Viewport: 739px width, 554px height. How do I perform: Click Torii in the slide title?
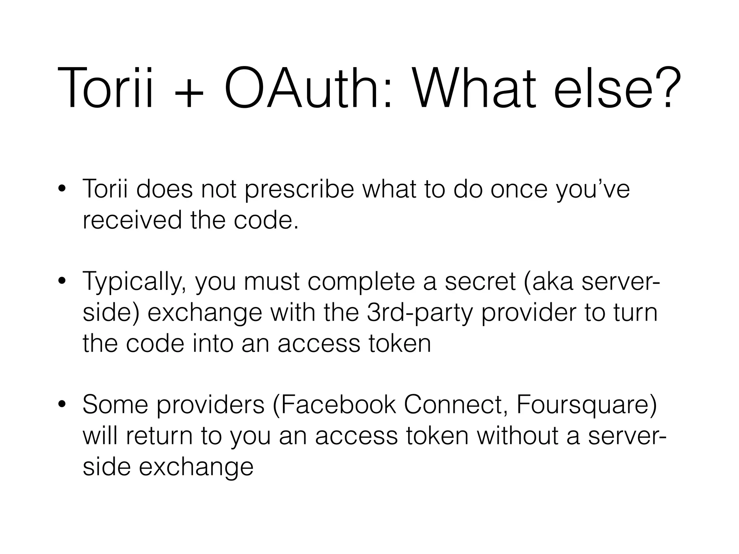pyautogui.click(x=105, y=88)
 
